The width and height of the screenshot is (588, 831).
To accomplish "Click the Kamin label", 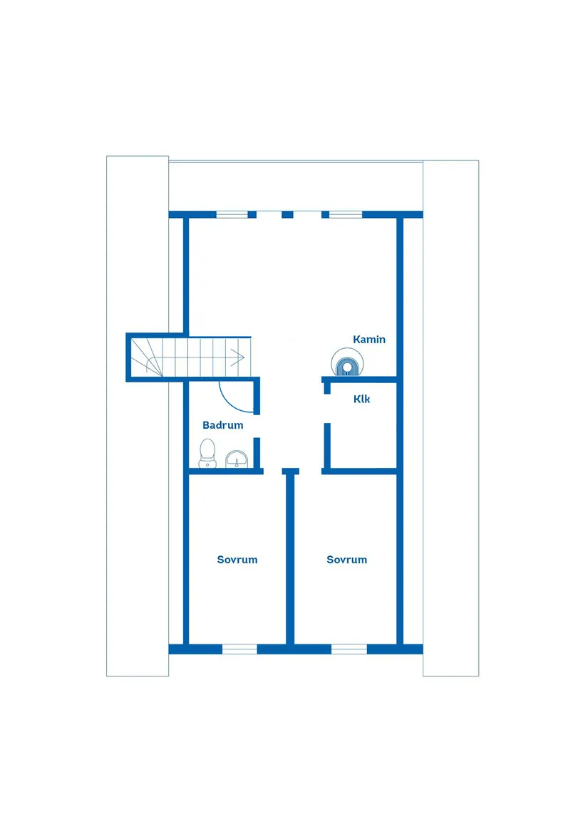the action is click(x=369, y=339).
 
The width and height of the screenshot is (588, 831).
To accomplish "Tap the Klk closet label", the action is click(x=361, y=399).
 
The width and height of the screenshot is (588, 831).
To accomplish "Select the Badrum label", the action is click(x=223, y=425).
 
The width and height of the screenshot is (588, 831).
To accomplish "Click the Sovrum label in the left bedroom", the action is click(x=237, y=560).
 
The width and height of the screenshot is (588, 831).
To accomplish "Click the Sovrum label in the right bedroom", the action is click(x=346, y=560).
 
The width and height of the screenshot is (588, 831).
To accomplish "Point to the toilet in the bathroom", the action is click(x=207, y=454).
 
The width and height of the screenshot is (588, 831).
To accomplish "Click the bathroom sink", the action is click(x=237, y=459).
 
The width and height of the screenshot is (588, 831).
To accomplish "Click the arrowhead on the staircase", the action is click(x=238, y=357).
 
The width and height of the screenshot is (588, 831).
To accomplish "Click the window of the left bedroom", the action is click(x=239, y=649).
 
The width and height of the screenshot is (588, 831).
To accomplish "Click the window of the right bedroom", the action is click(x=349, y=649).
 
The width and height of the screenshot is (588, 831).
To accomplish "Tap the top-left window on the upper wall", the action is click(x=232, y=214).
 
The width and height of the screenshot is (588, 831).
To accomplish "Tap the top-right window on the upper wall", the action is click(x=346, y=214).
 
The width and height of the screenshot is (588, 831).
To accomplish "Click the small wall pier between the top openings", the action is click(x=287, y=214).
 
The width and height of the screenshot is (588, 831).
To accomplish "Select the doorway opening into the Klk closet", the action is click(x=327, y=409).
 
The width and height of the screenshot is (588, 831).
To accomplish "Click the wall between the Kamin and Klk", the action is click(x=360, y=380).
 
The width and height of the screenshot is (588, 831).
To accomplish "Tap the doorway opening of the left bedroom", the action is click(x=273, y=471).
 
